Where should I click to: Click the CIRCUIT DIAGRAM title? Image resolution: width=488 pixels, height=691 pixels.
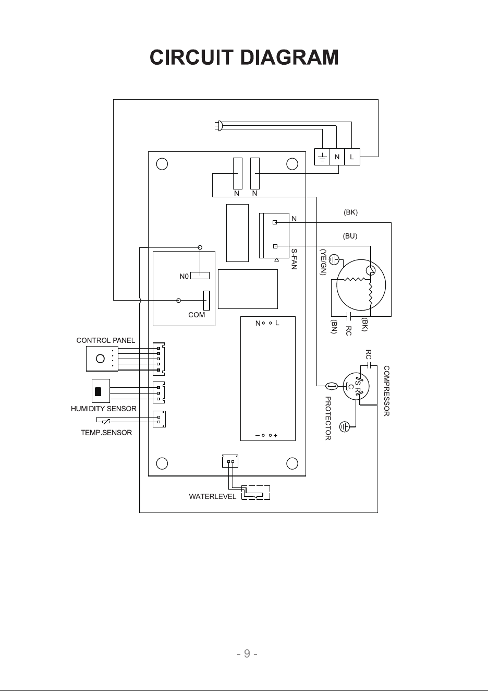(x=244, y=57)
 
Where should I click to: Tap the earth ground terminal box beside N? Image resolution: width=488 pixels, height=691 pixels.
(x=322, y=157)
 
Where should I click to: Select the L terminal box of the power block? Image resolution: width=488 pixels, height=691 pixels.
(x=352, y=157)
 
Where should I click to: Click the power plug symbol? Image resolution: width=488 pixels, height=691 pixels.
(x=218, y=126)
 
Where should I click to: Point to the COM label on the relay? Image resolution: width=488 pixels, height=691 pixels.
(x=197, y=315)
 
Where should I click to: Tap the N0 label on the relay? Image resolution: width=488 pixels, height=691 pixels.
(x=184, y=277)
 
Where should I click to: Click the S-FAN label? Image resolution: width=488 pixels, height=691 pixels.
(x=294, y=259)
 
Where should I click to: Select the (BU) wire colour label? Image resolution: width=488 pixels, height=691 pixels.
(x=350, y=236)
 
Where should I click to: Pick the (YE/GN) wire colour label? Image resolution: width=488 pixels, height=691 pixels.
(x=323, y=262)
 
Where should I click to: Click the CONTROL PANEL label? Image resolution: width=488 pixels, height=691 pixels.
(x=106, y=340)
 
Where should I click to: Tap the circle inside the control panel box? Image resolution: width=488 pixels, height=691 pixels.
(x=100, y=359)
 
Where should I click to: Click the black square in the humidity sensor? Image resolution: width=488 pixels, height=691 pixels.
(x=98, y=391)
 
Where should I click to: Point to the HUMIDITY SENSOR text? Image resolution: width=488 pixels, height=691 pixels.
(x=104, y=409)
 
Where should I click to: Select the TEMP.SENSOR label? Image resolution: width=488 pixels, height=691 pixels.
(x=106, y=433)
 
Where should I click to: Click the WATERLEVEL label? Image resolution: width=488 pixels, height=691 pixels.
(x=213, y=496)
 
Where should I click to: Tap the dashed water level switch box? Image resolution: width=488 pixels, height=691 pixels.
(x=255, y=493)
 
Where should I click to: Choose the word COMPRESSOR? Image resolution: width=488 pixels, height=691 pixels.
(x=387, y=391)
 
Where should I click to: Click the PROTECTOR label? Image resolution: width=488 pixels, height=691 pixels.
(x=328, y=418)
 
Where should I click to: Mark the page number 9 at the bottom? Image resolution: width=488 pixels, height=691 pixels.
(x=247, y=653)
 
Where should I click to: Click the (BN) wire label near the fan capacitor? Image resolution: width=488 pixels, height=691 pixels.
(x=334, y=326)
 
